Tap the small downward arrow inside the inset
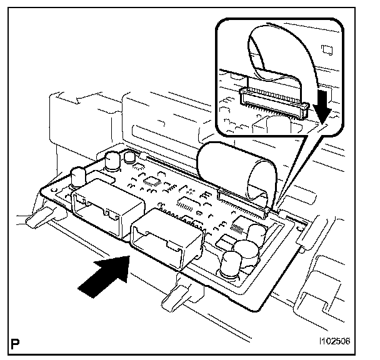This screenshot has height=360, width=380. point(322,102)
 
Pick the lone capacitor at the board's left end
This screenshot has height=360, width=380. point(79,176)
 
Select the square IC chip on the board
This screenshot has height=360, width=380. point(154,182)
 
